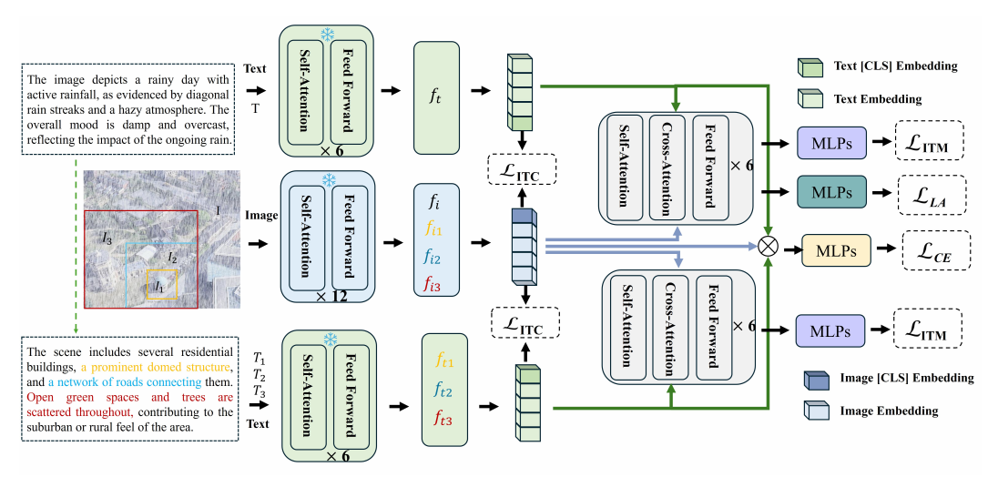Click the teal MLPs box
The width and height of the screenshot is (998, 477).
(x=831, y=192)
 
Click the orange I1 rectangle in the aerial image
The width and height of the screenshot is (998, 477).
(x=163, y=284)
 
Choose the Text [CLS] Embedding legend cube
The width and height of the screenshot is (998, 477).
(x=808, y=66)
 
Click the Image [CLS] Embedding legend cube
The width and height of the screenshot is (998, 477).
(x=813, y=378)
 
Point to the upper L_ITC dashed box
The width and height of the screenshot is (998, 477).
(x=523, y=170)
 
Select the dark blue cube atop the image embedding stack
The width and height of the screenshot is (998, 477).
(x=524, y=217)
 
